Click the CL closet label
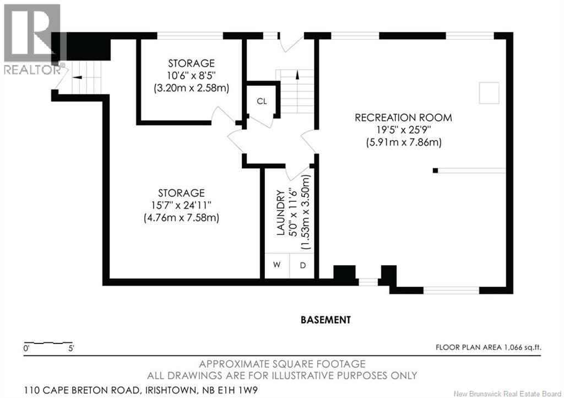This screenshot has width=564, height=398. (x=262, y=101)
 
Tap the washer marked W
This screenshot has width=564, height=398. (x=276, y=265)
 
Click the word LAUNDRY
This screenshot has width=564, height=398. (x=280, y=213)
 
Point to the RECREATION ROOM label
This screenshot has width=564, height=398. (x=403, y=117)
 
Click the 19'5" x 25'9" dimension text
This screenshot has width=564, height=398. (x=403, y=130)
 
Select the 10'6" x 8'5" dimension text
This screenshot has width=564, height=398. (x=192, y=76)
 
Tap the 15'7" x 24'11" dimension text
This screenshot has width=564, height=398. (x=181, y=206)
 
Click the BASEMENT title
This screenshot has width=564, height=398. (x=326, y=320)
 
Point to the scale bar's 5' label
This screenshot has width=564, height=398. (x=71, y=348)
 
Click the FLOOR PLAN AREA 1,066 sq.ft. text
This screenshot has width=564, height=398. (x=488, y=347)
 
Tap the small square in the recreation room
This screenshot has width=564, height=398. (x=489, y=93)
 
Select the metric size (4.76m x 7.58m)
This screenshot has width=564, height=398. (x=181, y=218)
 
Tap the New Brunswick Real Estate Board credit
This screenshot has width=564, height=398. (x=507, y=394)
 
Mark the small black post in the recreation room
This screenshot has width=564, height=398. (x=435, y=170)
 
